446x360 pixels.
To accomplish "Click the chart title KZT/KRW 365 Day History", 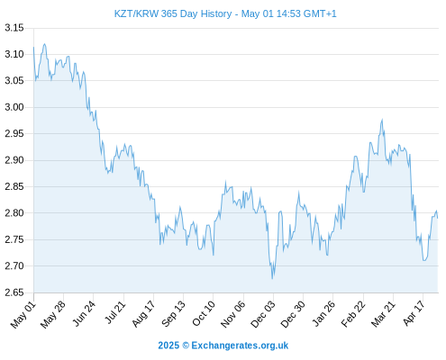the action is click(x=173, y=13).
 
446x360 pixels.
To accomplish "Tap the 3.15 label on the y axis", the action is click(x=14, y=28).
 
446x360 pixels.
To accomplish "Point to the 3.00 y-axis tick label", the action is click(x=14, y=107).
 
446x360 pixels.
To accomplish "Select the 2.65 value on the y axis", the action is click(x=14, y=292).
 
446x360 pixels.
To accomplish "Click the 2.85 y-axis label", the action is click(x=14, y=186).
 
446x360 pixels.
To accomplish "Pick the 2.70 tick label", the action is click(x=14, y=265).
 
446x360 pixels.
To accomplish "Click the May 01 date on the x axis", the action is click(x=23, y=314).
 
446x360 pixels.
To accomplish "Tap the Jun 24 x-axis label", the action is click(x=84, y=313).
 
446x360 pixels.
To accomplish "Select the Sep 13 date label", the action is click(x=173, y=314).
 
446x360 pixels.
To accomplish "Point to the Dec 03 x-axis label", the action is click(x=262, y=314).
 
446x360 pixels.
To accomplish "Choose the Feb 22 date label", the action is click(x=353, y=314).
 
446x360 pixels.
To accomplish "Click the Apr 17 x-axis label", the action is click(x=414, y=313).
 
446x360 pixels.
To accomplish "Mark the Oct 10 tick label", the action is click(x=204, y=313).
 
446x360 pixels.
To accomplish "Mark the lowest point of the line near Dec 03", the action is click(x=272, y=279).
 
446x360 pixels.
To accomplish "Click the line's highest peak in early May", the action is click(x=45, y=44).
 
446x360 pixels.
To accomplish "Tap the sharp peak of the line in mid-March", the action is click(x=382, y=120).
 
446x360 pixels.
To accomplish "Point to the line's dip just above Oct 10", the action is click(x=214, y=255).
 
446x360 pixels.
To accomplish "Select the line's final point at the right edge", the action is click(x=438, y=218).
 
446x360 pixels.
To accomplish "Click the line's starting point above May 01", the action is click(x=33, y=47).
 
